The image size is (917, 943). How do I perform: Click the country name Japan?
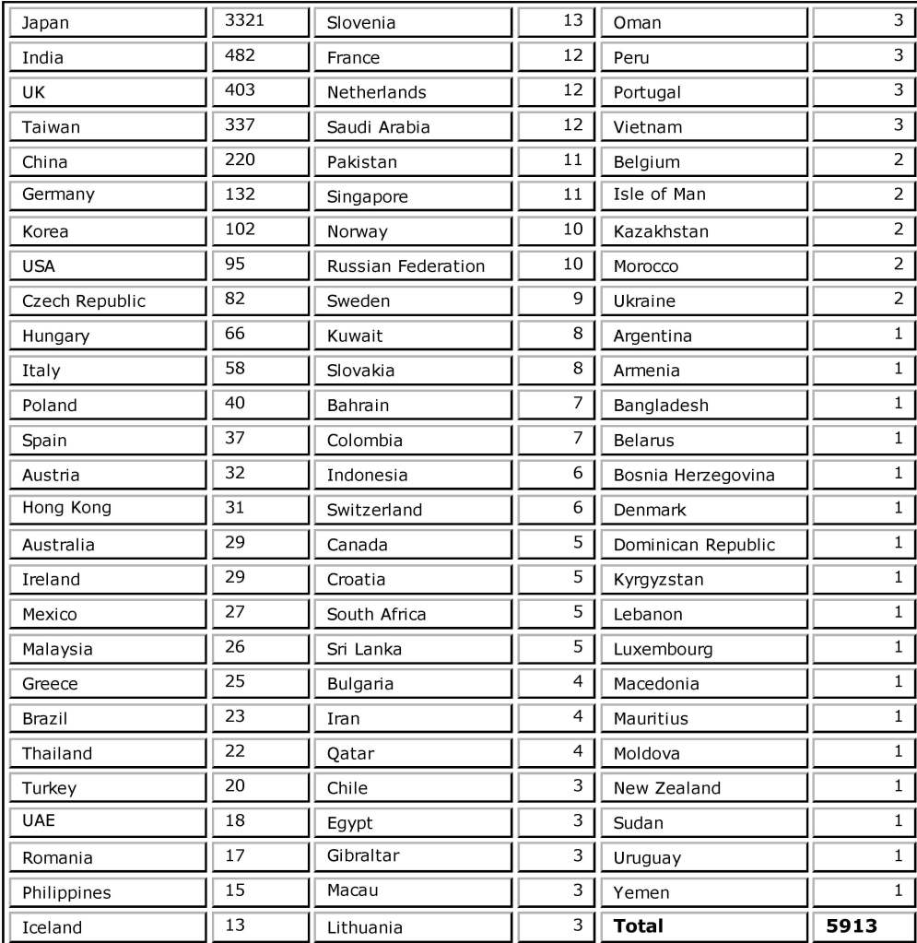tap(45, 23)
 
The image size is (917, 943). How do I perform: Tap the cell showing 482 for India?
tap(240, 55)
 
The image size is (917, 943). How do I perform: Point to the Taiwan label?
tap(51, 127)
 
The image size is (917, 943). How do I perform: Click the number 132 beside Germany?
tap(240, 194)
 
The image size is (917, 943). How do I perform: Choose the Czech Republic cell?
tap(84, 301)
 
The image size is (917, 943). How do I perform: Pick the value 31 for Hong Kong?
tap(235, 507)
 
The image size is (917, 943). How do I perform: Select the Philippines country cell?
tap(66, 892)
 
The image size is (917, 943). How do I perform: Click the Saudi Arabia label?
tap(378, 127)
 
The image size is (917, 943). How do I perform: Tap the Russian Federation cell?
tap(406, 266)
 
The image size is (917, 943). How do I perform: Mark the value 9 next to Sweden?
tap(577, 299)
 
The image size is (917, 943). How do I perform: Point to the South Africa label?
tap(376, 614)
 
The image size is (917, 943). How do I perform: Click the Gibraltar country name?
tap(363, 855)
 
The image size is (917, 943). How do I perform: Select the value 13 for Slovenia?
tap(572, 20)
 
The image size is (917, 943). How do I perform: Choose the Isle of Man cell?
tap(659, 194)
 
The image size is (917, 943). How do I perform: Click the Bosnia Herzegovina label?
tap(694, 476)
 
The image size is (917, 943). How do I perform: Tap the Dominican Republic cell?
tap(694, 545)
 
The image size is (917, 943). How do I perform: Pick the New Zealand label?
tap(667, 788)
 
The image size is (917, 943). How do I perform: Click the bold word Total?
tap(638, 925)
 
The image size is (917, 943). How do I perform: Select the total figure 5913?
tap(852, 925)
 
